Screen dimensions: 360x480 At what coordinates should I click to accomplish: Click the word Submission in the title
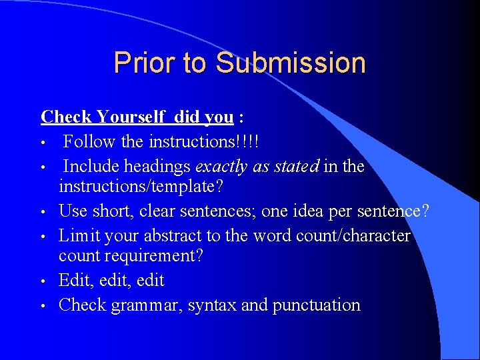(x=291, y=63)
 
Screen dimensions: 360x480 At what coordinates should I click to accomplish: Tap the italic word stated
(x=293, y=165)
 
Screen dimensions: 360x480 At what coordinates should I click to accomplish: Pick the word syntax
(x=212, y=306)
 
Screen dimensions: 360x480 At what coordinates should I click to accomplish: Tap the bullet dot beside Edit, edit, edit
(x=43, y=281)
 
